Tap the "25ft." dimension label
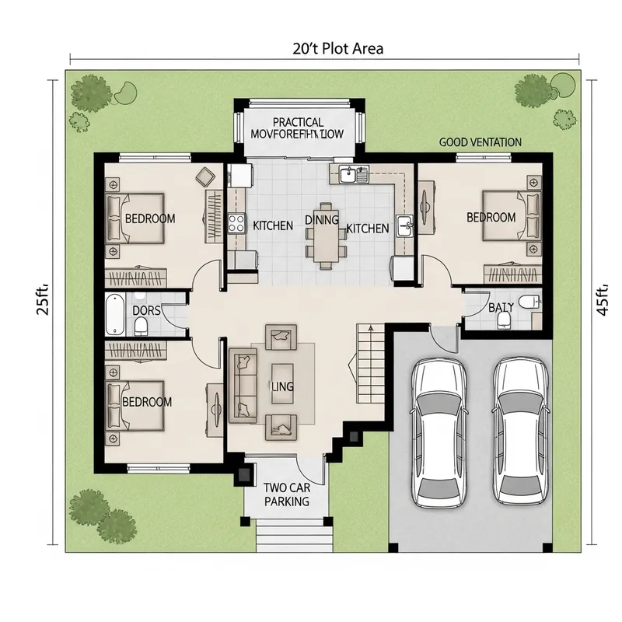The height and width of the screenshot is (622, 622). pyautogui.click(x=44, y=299)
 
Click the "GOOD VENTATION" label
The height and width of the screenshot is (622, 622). pyautogui.click(x=480, y=142)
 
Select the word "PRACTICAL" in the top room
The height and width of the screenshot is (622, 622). pyautogui.click(x=299, y=122)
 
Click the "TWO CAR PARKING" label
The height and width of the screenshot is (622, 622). pyautogui.click(x=286, y=494)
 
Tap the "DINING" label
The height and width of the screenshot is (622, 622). pyautogui.click(x=322, y=220)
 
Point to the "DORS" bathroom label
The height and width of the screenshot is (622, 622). pyautogui.click(x=146, y=310)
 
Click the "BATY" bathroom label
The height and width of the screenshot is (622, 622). pyautogui.click(x=501, y=308)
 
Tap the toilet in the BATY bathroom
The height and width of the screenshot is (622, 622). pyautogui.click(x=529, y=302)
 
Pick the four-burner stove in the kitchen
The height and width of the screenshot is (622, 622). pyautogui.click(x=236, y=224)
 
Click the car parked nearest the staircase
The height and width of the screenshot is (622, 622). pyautogui.click(x=439, y=432)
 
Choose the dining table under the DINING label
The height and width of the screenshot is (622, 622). pyautogui.click(x=325, y=237)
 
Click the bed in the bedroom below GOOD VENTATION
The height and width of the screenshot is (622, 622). pyautogui.click(x=502, y=216)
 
